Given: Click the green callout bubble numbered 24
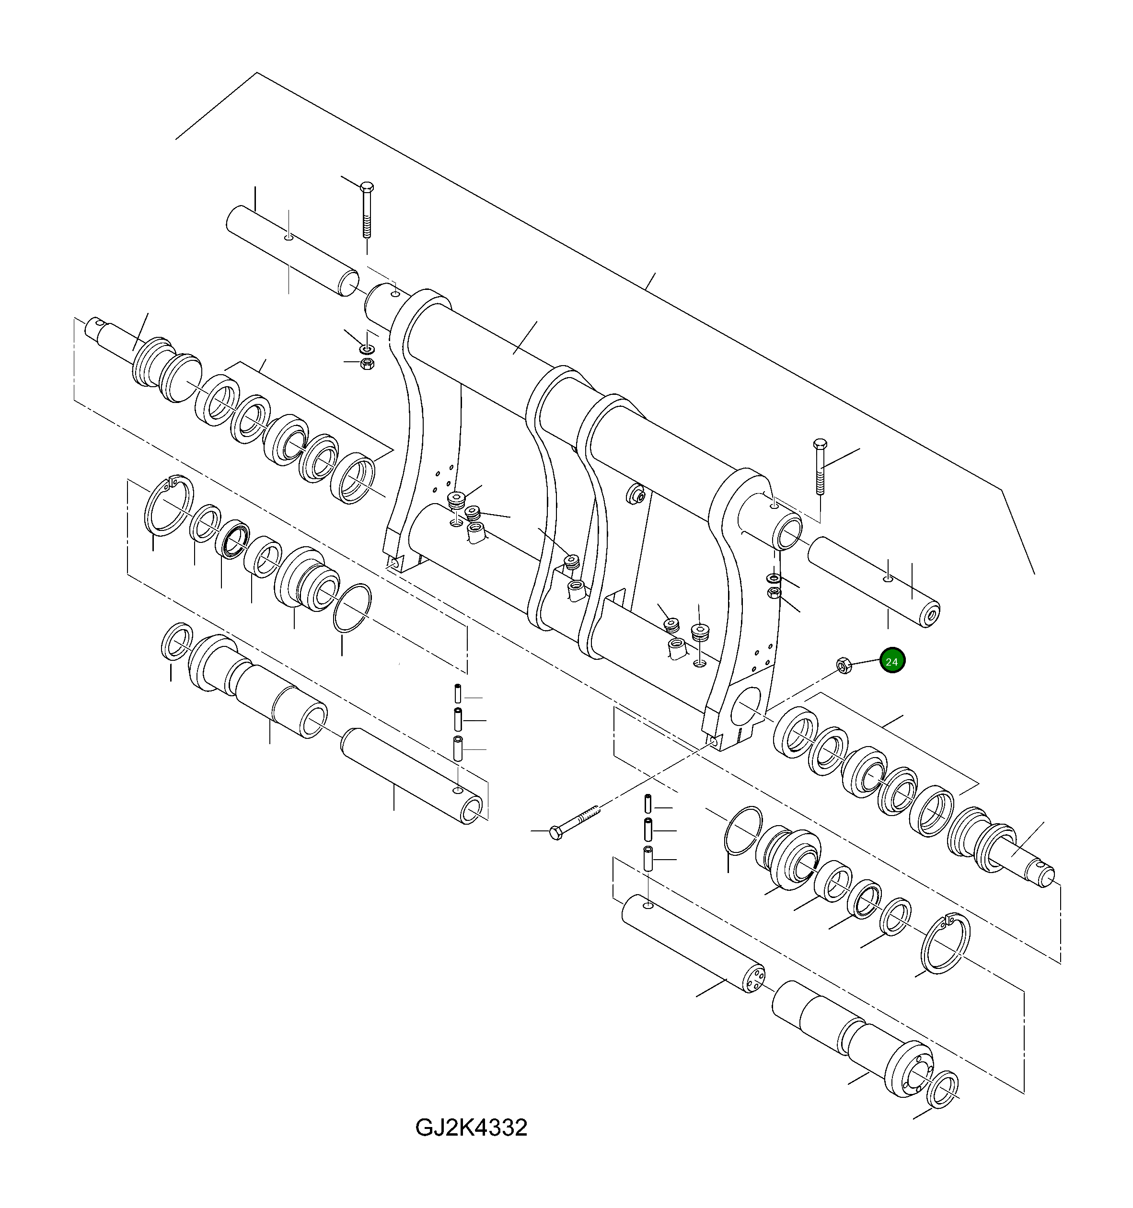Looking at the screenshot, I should tap(892, 662).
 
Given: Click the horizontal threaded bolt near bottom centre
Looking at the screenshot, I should tap(574, 821).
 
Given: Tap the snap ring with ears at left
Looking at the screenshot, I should tap(168, 506).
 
